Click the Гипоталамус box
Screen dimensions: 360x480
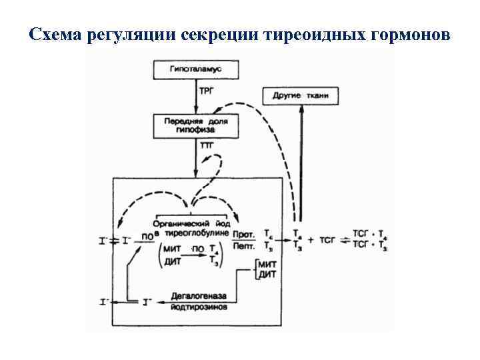point(195,69)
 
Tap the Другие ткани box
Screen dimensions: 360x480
point(301,95)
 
